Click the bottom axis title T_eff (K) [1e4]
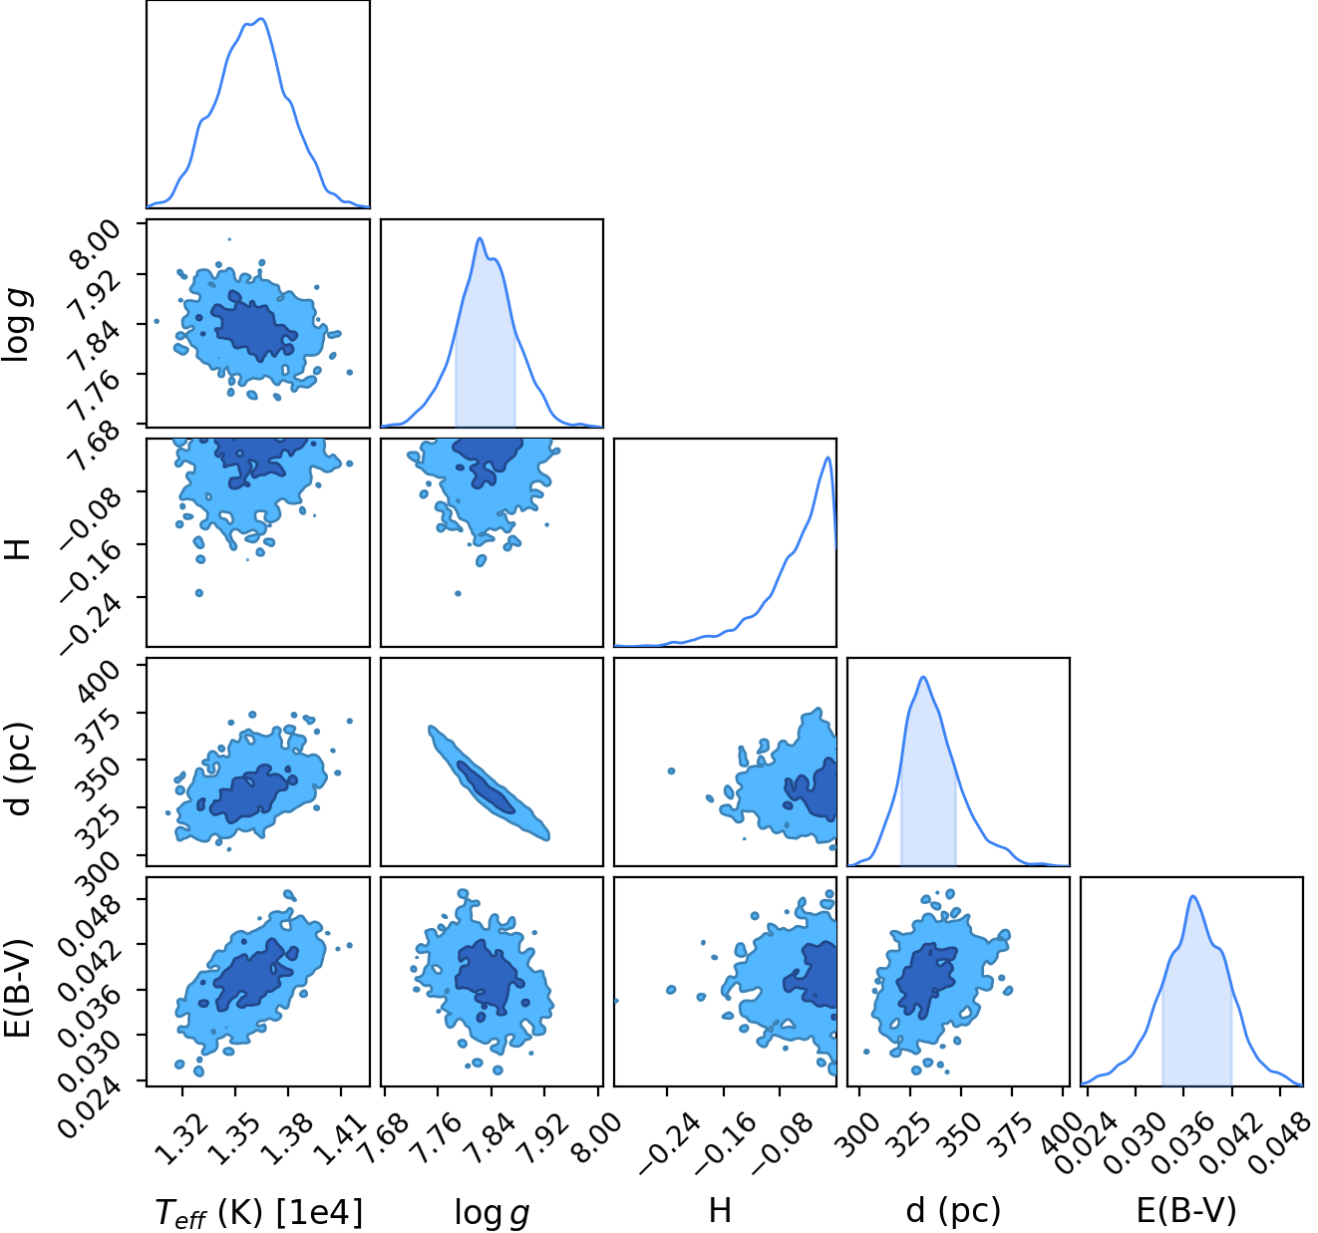point(259,1212)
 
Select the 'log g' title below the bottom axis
point(492,1213)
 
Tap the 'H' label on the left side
point(19,548)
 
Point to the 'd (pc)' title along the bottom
point(953,1211)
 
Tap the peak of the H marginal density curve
point(827,458)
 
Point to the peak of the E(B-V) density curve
point(1193,896)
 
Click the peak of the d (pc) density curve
point(923,677)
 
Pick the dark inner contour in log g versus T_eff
point(254,326)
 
